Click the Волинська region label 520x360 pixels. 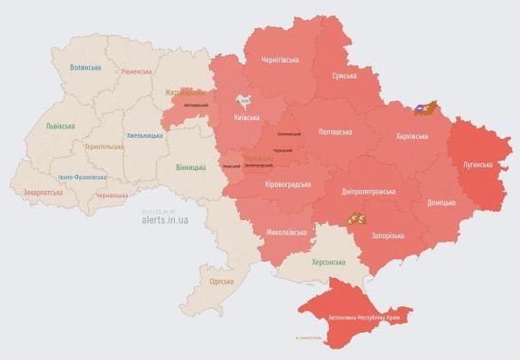86,67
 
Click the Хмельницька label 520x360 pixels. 145,135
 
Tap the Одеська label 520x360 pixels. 222,282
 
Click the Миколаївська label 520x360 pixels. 286,230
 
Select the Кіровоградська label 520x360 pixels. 287,183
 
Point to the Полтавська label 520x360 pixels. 336,131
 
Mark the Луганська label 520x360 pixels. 477,163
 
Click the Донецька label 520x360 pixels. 440,202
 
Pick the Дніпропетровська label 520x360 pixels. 367,191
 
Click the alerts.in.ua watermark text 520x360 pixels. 165,219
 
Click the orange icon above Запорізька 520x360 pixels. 355,218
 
